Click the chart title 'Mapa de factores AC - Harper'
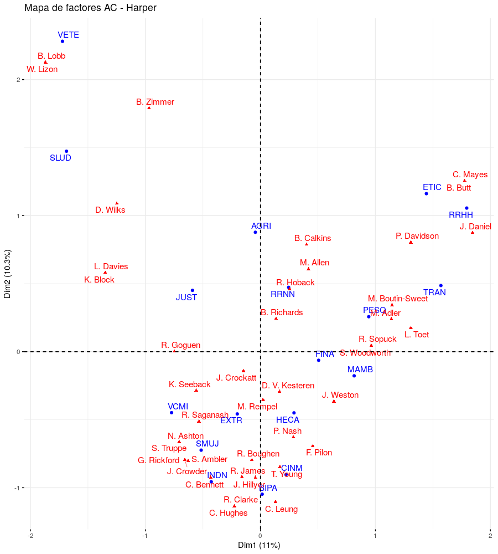90,8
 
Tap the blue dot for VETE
63,42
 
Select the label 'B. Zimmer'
155,102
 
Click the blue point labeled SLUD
66,151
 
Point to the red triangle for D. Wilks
117,203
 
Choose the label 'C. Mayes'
470,175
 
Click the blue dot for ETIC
426,193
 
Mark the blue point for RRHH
466,208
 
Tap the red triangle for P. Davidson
411,242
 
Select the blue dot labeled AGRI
255,232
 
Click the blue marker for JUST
193,290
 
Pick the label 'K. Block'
99,280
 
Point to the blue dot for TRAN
440,286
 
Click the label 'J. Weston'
340,395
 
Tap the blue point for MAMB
354,376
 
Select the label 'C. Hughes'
229,513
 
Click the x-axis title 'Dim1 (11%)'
259,545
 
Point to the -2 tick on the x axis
30,536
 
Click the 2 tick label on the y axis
18,80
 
